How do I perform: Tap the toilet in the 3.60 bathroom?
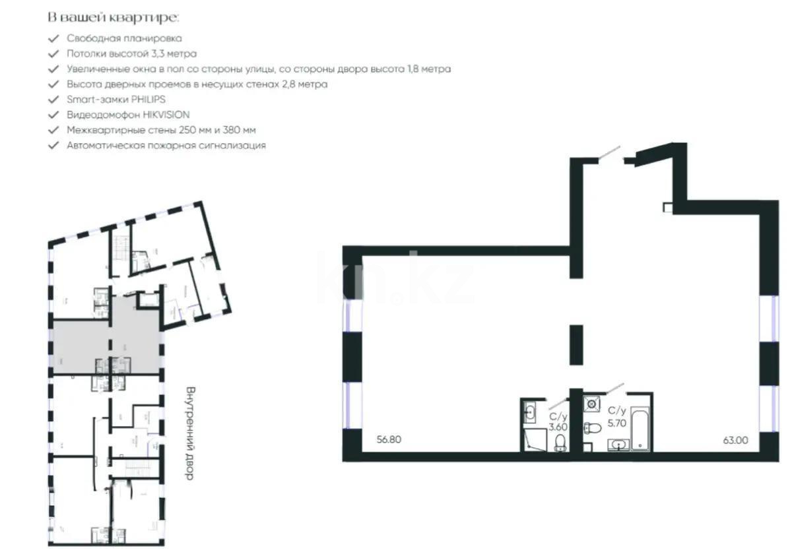[560, 442]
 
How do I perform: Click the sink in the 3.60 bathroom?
[530, 413]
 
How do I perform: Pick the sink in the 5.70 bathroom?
[618, 445]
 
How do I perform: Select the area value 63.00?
[734, 440]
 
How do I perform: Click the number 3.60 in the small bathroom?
[558, 427]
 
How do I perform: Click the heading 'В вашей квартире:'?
[113, 16]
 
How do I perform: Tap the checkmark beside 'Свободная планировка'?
[53, 39]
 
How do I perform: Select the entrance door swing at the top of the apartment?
[610, 153]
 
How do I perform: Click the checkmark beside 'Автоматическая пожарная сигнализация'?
[53, 145]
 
